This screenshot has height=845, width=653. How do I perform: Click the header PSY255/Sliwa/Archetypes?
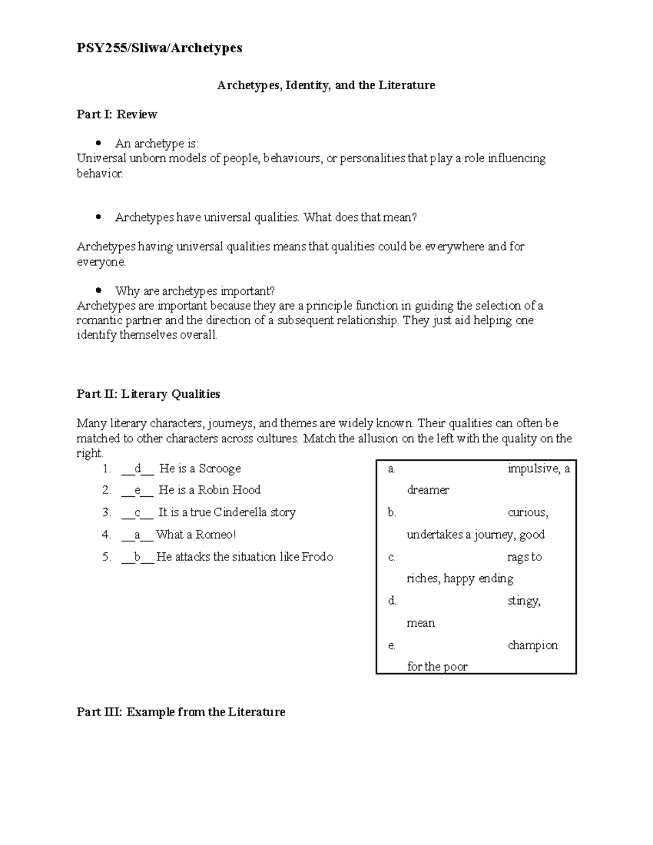coord(159,48)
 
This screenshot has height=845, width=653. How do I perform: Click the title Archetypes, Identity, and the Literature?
coord(326,85)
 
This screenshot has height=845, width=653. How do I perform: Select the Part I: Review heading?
coord(116,114)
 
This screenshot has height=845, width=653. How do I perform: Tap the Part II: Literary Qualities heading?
coord(148,394)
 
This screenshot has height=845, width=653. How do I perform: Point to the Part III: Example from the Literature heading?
coord(181,712)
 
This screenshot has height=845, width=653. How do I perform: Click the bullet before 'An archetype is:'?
coord(98,144)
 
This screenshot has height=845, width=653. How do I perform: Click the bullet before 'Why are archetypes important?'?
coord(98,291)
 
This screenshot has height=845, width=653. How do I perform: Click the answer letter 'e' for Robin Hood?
coord(137,490)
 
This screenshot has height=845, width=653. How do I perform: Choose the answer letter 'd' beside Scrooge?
coord(138,468)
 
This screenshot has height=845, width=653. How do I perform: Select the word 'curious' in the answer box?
coord(527,513)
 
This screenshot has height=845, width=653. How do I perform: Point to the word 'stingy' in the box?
coord(523,601)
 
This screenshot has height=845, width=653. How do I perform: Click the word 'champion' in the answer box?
coord(533,645)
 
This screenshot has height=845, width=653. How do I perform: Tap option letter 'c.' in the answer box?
coord(392,557)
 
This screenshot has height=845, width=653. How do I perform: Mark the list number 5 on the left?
coord(106,557)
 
